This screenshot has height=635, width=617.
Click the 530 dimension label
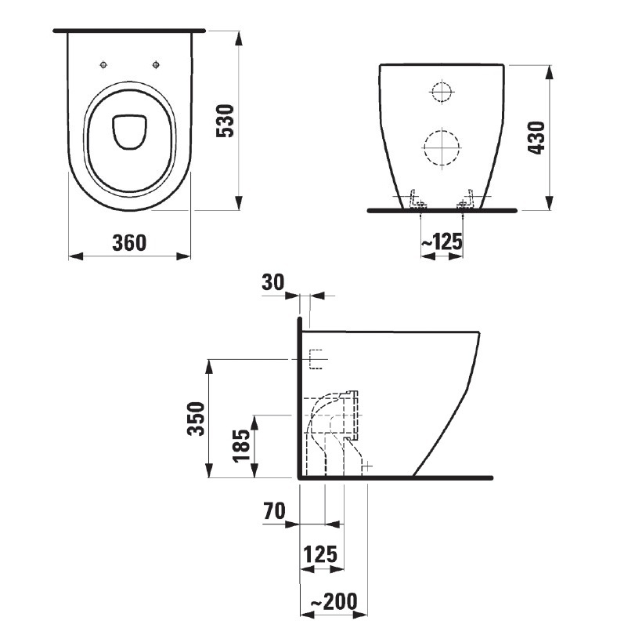[x=226, y=121]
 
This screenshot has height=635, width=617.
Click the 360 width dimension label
[x=129, y=242]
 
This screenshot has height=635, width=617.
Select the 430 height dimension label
[x=537, y=137]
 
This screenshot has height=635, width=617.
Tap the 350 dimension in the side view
[x=196, y=419]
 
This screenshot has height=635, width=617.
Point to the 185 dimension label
[x=241, y=445]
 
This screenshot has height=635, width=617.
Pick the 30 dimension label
[x=273, y=282]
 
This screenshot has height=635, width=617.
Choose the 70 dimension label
[x=274, y=510]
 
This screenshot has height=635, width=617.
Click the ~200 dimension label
[x=334, y=601]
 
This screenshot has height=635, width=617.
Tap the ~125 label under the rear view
[x=442, y=242]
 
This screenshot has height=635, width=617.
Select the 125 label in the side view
[x=320, y=554]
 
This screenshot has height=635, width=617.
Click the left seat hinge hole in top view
[x=103, y=64]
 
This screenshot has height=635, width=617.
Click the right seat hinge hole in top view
[x=156, y=64]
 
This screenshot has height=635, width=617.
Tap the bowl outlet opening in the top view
[x=128, y=132]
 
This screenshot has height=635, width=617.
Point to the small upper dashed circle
[x=441, y=91]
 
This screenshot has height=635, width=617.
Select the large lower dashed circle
[x=442, y=147]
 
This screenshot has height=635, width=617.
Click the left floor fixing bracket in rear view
[x=417, y=199]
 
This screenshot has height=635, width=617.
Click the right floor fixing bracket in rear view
[x=467, y=199]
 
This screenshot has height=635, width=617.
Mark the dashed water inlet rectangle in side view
[x=316, y=359]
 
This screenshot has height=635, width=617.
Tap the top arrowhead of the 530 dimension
[x=240, y=38]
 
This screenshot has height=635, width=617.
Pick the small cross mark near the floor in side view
[x=367, y=466]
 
